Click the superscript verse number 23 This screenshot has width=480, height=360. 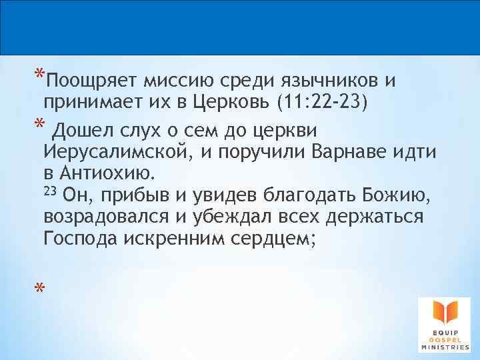[x=50, y=191]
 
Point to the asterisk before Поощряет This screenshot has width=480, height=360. [x=39, y=74]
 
